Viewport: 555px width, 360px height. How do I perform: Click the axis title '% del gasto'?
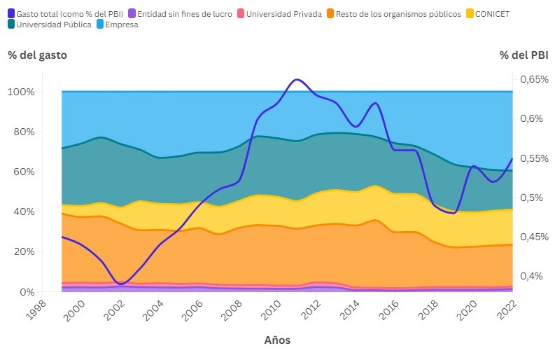point(38,55)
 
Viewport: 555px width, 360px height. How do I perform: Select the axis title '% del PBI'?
point(524,55)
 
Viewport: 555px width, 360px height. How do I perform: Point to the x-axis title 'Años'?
point(277,340)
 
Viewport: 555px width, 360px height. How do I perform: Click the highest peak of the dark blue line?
point(297,79)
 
